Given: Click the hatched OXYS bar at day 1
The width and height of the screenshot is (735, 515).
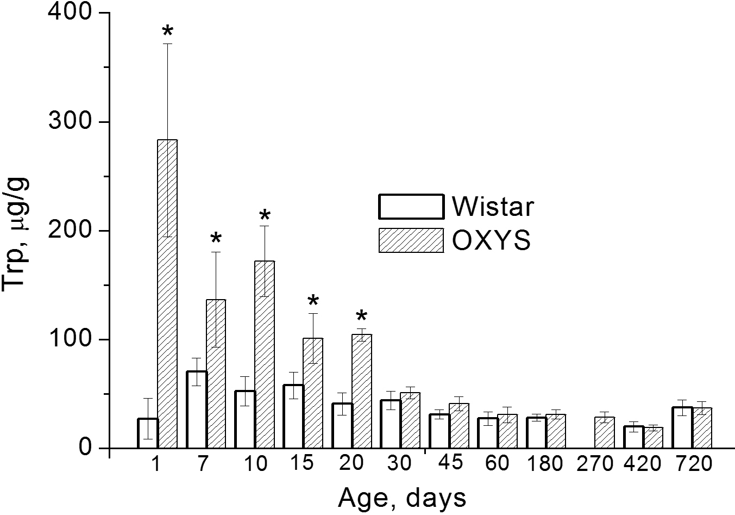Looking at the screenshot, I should [x=167, y=294].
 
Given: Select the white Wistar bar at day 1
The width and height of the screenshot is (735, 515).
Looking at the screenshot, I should [x=148, y=433].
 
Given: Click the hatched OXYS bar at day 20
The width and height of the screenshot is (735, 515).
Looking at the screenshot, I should [x=362, y=391].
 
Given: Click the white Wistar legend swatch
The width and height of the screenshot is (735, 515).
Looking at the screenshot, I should [x=411, y=207].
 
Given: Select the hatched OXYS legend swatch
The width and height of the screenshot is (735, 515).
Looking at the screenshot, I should [x=411, y=240].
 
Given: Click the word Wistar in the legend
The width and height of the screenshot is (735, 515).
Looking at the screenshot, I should [x=493, y=207].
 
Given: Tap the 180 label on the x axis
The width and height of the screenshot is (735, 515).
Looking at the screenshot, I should [x=545, y=464].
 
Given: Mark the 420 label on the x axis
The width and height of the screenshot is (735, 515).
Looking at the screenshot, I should [x=643, y=464].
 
